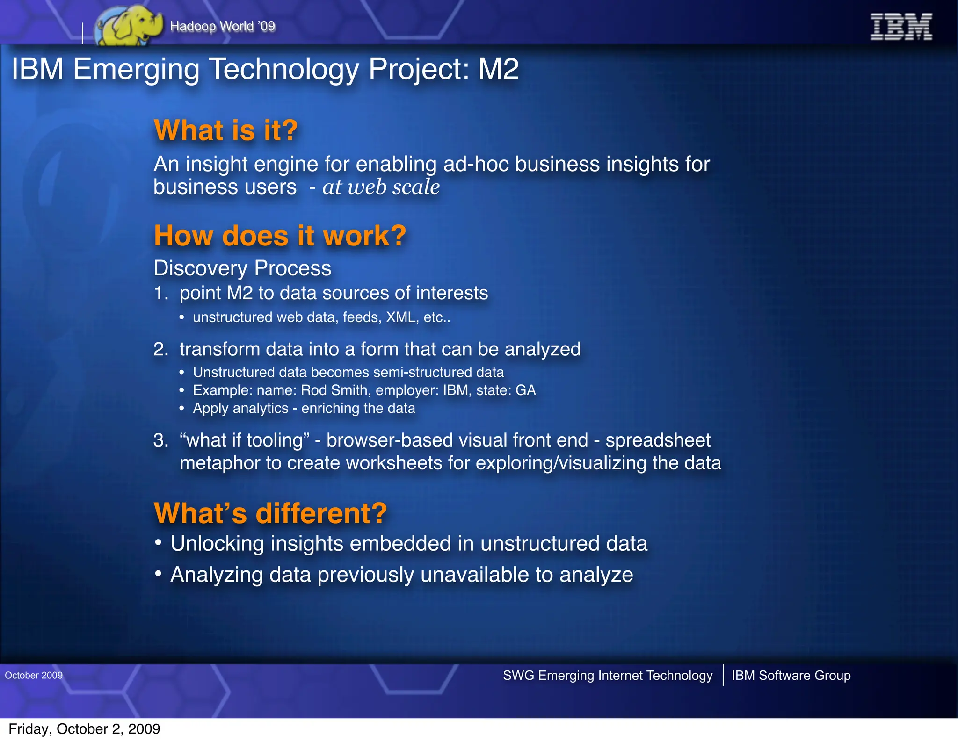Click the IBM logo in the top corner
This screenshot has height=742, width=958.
900,27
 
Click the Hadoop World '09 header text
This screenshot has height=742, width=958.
223,26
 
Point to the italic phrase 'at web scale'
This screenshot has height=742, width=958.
381,187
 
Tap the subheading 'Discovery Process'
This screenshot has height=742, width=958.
242,268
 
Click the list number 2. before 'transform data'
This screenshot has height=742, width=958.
160,350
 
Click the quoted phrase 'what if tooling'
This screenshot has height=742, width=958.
245,440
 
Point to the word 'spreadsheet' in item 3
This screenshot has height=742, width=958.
658,440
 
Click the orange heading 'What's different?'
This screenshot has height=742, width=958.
270,513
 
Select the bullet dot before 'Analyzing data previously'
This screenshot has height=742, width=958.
159,573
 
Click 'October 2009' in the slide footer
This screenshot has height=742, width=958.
34,675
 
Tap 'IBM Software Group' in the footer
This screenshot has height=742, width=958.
791,676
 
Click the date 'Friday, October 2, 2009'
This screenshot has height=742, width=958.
84,729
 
